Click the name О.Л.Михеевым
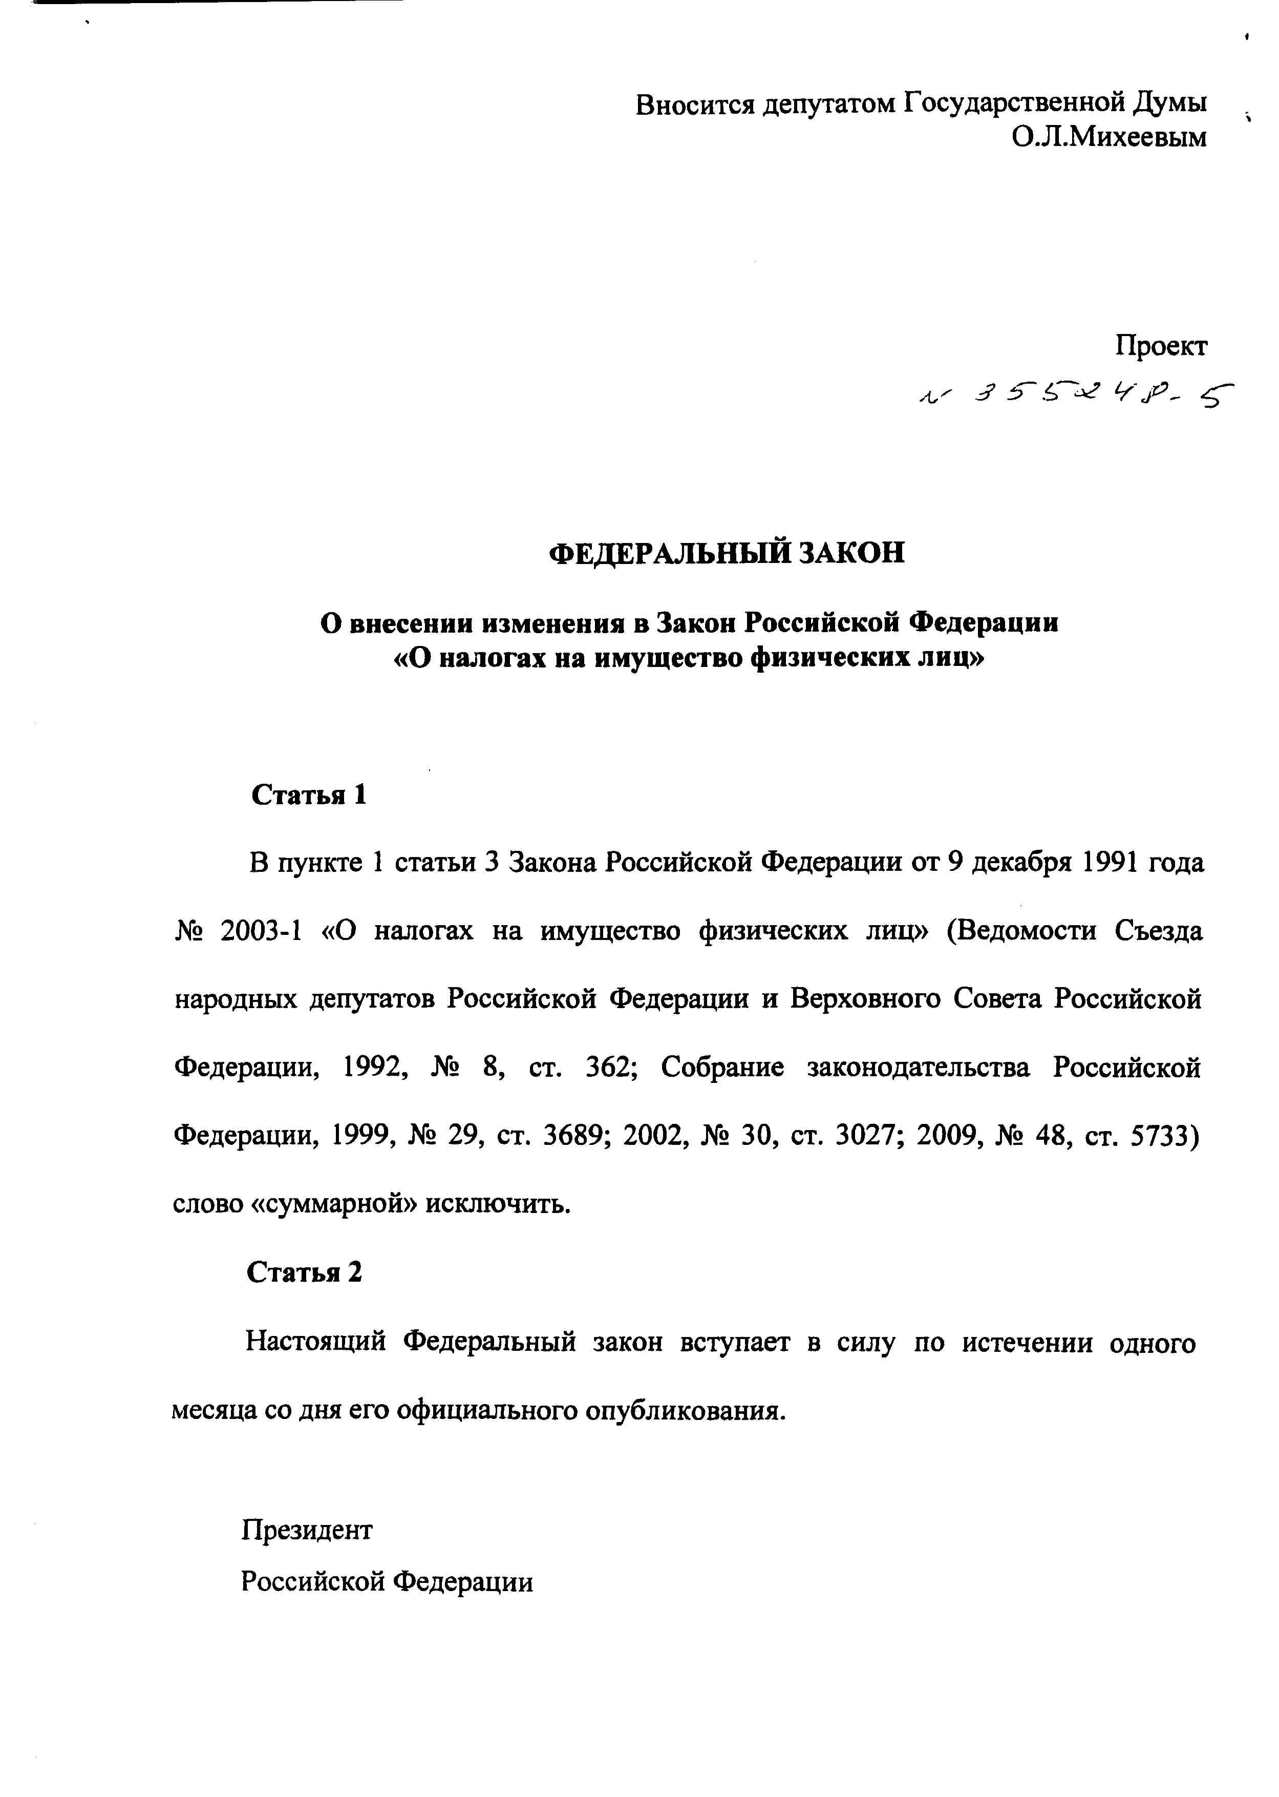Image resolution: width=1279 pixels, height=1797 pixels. (x=1109, y=137)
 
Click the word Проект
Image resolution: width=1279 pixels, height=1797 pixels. (x=1161, y=345)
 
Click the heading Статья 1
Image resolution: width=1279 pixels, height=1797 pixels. (x=309, y=795)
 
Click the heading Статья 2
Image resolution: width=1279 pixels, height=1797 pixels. (x=304, y=1271)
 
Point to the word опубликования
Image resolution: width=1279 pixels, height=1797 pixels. (x=685, y=1409)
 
